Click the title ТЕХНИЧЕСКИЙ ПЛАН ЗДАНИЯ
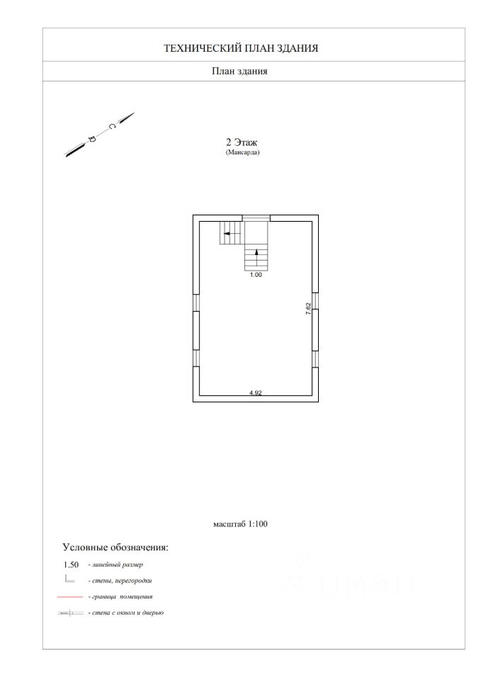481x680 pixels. [241, 48]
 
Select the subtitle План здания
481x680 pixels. [239, 71]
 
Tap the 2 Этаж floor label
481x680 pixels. [242, 142]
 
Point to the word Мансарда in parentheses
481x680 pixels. [242, 152]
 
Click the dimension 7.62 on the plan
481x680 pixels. [308, 308]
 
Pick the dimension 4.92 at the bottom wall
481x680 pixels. [256, 393]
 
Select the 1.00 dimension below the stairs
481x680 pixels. [256, 275]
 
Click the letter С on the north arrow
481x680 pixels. [112, 126]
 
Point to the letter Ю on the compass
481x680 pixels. [91, 140]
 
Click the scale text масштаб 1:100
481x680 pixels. [240, 524]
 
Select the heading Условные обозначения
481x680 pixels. [115, 548]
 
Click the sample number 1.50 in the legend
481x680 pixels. [71, 565]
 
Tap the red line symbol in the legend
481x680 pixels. [70, 597]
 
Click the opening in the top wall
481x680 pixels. [256, 218]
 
